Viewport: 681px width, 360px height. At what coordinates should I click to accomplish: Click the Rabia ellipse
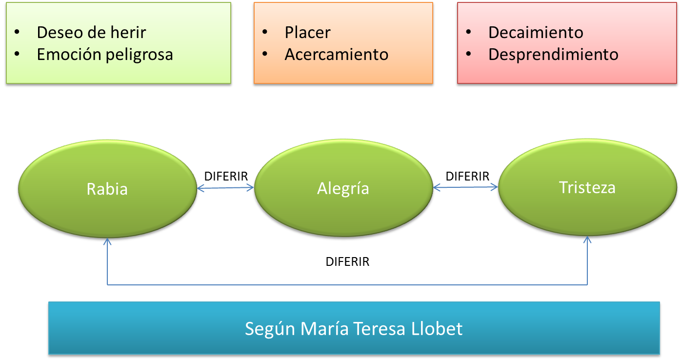click(x=107, y=189)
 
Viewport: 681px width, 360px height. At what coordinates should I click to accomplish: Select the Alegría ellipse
click(x=343, y=188)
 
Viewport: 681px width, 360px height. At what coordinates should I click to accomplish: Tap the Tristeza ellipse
click(x=587, y=187)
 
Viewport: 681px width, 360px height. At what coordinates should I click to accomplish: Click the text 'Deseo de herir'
click(x=91, y=32)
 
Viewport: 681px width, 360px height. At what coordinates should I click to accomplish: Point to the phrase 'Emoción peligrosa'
click(x=105, y=54)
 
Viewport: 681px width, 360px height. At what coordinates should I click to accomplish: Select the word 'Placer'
click(x=307, y=32)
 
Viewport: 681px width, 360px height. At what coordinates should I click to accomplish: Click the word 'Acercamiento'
click(x=336, y=54)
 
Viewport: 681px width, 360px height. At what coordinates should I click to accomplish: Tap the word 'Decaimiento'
click(x=536, y=32)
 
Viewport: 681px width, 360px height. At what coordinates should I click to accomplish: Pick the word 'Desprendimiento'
click(x=553, y=54)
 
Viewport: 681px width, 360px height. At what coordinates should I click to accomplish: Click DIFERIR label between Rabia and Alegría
click(x=226, y=176)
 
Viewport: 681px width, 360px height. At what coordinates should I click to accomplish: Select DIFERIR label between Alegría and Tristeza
click(x=467, y=176)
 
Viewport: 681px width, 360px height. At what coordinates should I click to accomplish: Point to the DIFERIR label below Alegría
click(x=347, y=262)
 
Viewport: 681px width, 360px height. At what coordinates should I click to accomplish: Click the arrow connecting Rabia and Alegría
click(x=225, y=187)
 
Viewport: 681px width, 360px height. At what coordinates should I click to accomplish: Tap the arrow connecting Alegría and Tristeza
click(x=465, y=186)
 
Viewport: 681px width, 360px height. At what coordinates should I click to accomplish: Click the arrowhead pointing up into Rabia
click(x=107, y=240)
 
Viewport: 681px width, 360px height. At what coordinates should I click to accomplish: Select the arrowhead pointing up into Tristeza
click(x=587, y=240)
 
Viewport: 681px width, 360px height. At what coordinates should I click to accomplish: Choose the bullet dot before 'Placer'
click(x=265, y=32)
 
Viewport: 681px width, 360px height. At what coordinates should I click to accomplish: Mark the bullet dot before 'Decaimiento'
click(x=469, y=32)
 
